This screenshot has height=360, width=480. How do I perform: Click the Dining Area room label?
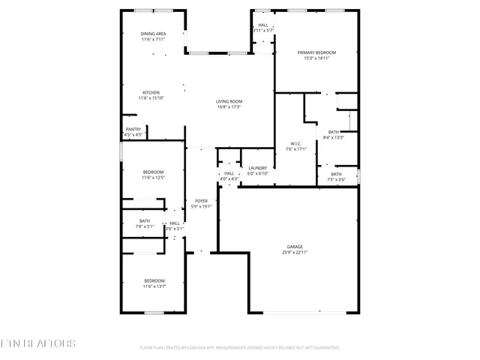point(154,34)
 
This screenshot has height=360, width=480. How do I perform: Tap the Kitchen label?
point(151,92)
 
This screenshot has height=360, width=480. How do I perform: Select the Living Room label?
point(228,101)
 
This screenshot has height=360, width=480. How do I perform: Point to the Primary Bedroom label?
point(316,52)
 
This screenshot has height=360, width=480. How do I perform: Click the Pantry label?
point(133,129)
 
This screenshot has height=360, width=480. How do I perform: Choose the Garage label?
point(295,246)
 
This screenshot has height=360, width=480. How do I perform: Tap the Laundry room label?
point(258,168)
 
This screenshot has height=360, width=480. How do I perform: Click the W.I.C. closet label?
point(295,144)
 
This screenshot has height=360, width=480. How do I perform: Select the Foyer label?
point(201,201)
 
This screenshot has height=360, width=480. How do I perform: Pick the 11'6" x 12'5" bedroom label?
point(153,172)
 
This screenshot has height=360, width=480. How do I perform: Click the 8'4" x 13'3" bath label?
point(333,132)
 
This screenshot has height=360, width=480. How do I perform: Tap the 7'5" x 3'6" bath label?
point(337,175)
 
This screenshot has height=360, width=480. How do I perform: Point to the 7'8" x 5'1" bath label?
point(145,221)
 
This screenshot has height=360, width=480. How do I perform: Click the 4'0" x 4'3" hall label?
point(229,174)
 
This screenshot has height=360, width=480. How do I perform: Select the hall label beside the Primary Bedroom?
point(263,25)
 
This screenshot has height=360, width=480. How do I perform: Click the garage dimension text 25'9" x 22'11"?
point(295,252)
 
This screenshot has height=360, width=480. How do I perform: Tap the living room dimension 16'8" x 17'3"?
point(228,107)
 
